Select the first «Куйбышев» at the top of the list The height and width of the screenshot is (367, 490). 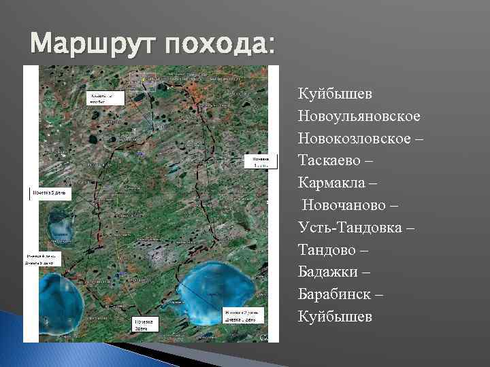333,92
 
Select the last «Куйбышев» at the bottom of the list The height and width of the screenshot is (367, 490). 333,317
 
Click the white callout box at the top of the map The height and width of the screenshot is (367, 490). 105,98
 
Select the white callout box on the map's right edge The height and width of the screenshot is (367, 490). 262,161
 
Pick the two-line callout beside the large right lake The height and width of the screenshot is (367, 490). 241,315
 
